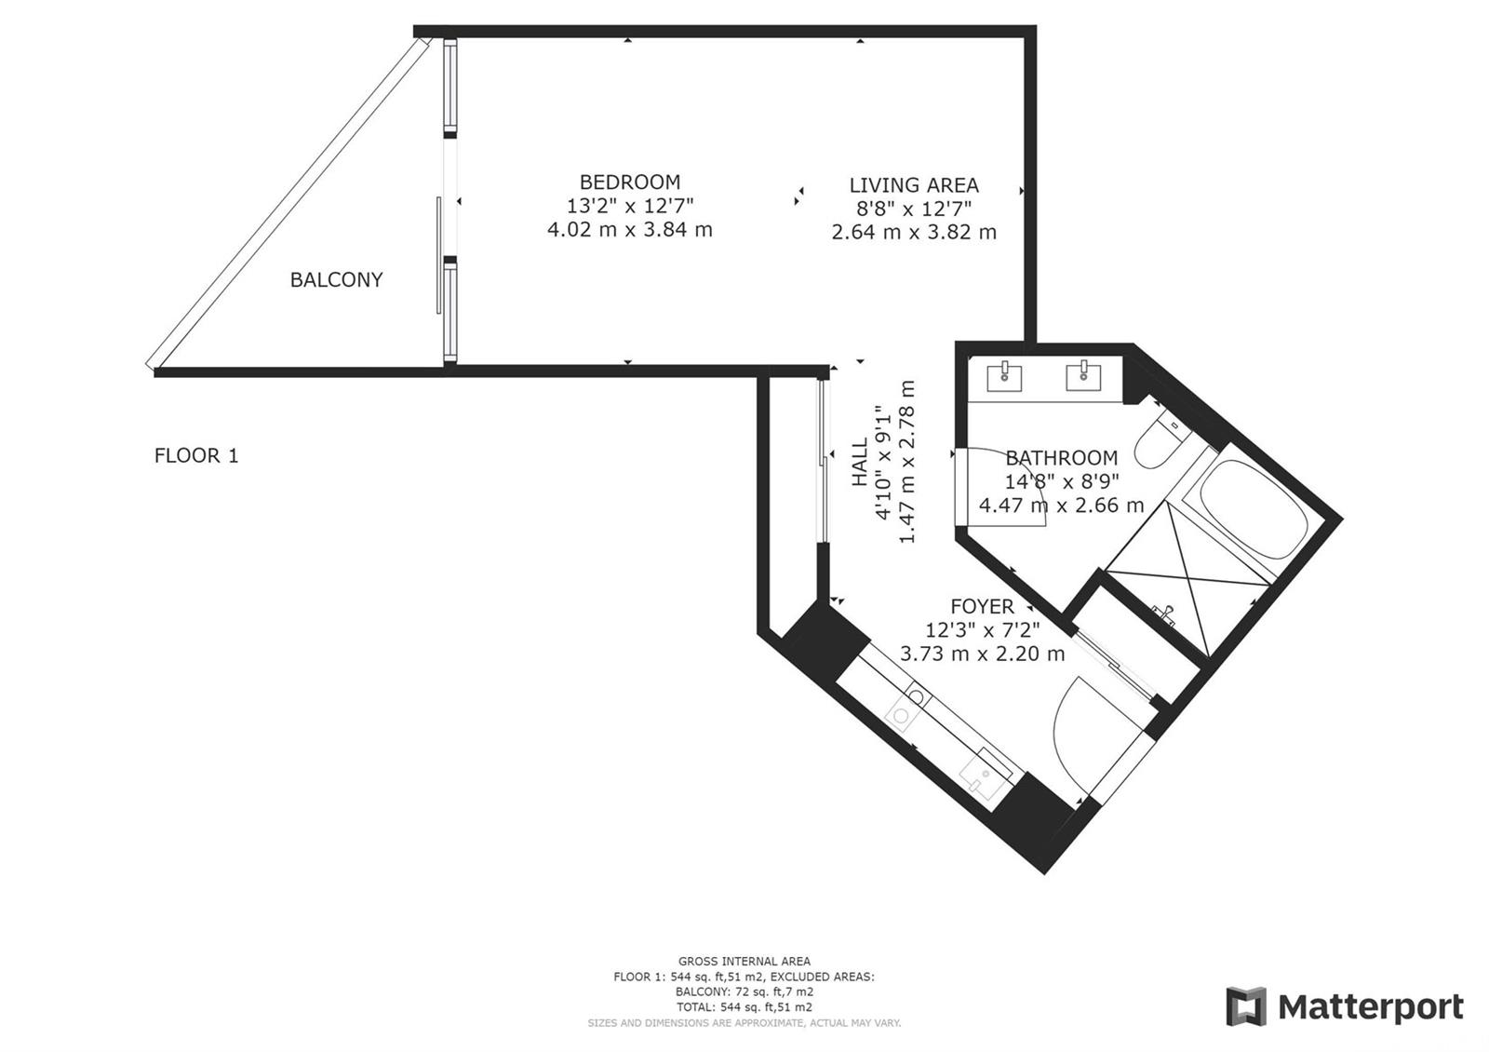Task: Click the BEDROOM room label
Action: pos(629,182)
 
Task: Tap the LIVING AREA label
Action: pos(913,185)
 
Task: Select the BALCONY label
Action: pos(336,280)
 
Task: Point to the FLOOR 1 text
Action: pos(196,455)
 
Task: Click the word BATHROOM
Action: pos(1061,457)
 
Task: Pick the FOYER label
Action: pos(982,606)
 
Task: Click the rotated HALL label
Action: pos(860,462)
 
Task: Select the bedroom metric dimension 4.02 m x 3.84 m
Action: pos(629,230)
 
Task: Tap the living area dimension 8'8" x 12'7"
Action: pos(913,209)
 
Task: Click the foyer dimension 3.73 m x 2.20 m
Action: pos(982,654)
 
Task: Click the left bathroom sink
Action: pos(1004,376)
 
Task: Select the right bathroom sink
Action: pos(1083,376)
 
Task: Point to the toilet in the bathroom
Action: pos(1160,441)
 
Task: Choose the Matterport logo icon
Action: pos(1246,1006)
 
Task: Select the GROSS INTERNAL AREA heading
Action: pos(744,961)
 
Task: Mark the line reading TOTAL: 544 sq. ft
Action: pos(744,1007)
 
